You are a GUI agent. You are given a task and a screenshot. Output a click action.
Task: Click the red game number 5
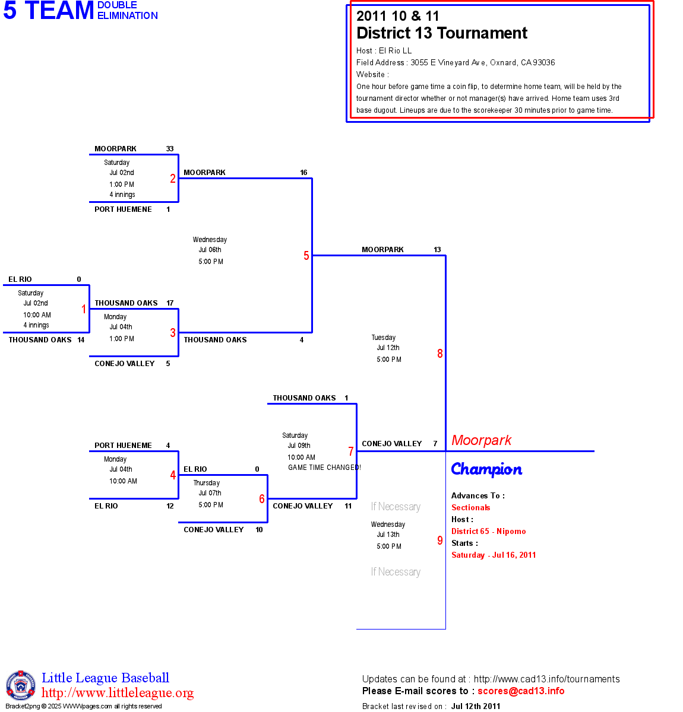tap(306, 256)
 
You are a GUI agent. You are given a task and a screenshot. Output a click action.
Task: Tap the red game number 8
tap(440, 354)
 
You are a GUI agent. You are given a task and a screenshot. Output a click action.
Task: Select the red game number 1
tap(84, 309)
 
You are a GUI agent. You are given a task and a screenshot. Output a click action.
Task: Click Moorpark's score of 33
tap(170, 149)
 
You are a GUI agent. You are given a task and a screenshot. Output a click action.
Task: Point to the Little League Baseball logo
tap(21, 685)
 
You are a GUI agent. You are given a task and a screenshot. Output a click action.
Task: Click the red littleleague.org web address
tap(118, 693)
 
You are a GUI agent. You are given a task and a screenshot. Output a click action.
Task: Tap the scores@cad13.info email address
tap(521, 691)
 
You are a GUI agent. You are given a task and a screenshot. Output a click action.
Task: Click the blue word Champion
tap(486, 469)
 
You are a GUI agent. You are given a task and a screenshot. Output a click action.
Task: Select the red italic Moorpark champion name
tap(481, 440)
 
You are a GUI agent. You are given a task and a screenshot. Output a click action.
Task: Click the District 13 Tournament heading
tap(442, 33)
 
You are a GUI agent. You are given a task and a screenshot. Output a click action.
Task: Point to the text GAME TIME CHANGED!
tap(324, 468)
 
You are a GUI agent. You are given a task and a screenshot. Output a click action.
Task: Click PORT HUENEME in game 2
tap(123, 209)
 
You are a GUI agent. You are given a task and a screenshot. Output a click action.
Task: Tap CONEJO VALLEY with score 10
tap(214, 530)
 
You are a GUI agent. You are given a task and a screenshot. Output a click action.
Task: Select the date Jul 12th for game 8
tap(388, 348)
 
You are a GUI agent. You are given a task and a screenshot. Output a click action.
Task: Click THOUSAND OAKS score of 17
tap(170, 303)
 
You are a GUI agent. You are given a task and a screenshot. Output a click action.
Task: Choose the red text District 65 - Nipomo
tap(488, 531)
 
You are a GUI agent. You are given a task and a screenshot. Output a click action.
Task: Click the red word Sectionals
tap(470, 507)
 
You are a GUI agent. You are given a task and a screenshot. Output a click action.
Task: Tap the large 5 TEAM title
tap(49, 11)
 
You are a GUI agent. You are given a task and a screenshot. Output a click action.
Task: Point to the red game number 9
tap(440, 541)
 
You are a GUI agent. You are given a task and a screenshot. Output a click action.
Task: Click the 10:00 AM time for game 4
tap(123, 481)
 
